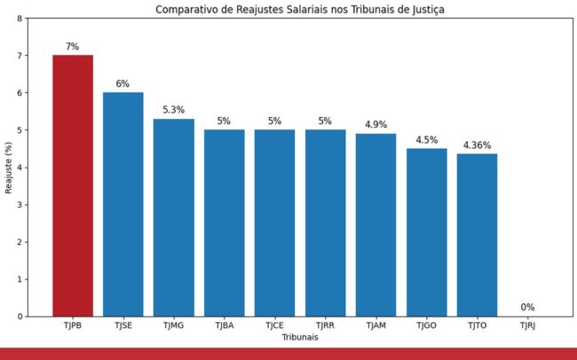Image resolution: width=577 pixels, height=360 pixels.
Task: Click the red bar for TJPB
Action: [73, 185]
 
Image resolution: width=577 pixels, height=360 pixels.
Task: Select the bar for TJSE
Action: [123, 204]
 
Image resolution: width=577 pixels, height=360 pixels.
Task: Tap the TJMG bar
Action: [173, 217]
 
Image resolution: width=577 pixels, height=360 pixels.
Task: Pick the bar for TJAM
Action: [375, 224]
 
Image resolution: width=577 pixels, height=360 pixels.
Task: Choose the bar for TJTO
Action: [477, 235]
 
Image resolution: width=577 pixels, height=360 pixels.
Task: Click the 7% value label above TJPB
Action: [73, 46]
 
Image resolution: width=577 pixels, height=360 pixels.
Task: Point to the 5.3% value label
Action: [173, 110]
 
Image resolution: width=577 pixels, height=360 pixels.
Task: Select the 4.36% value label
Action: [477, 145]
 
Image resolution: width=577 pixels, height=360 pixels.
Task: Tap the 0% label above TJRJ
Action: [527, 308]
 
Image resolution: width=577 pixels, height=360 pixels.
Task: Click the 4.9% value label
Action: [375, 125]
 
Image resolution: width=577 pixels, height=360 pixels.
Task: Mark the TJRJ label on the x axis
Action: [527, 326]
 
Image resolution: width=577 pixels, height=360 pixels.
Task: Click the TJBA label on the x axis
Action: [224, 326]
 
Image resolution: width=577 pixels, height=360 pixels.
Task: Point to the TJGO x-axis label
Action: [426, 326]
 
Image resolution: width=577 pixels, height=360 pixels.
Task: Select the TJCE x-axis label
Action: [274, 326]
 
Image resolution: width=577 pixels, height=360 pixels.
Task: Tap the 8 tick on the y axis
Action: [20, 19]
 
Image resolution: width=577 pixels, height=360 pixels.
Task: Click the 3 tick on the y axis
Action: [20, 205]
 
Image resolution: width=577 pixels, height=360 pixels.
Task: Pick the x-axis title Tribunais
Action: [300, 338]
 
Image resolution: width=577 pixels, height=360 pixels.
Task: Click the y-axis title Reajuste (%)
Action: [8, 168]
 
